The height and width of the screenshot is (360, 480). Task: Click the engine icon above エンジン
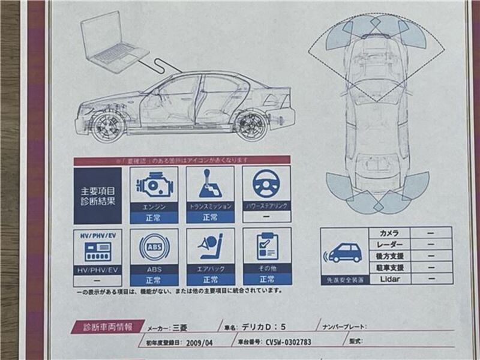coord(154,185)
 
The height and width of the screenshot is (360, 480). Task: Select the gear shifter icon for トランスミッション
coord(210,185)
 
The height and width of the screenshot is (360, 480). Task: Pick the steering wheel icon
coord(266,184)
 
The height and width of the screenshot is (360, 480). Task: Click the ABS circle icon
coord(154,247)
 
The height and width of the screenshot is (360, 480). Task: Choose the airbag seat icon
coord(210,247)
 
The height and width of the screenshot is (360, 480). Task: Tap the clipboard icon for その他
coord(266,246)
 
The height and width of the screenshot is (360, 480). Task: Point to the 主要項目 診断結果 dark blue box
coord(97,196)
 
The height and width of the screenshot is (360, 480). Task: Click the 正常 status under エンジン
coord(154,218)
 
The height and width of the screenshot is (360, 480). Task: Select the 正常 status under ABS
coord(154,280)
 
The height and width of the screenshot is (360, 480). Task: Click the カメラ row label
coord(389,233)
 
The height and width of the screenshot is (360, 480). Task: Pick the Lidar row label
coord(389,279)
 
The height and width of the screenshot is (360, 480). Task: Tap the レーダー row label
coord(389,244)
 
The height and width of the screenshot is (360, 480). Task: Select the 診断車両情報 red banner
coord(107,328)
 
